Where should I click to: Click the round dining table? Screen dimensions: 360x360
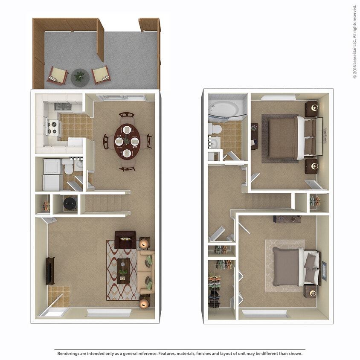click(127, 141)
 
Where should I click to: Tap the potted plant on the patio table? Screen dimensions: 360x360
click(80, 77)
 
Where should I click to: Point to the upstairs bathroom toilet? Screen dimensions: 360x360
click(215, 128)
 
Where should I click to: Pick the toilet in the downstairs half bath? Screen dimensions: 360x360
click(68, 167)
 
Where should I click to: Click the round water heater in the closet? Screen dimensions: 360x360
click(70, 204)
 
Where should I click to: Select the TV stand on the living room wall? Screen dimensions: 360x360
click(50, 271)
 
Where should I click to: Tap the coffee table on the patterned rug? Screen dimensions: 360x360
click(123, 271)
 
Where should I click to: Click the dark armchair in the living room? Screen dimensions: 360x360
click(125, 240)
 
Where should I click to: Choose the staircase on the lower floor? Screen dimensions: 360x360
click(106, 203)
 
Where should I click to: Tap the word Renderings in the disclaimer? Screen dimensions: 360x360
click(70, 354)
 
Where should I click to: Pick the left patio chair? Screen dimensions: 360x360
click(57, 75)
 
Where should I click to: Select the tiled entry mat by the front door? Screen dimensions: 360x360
click(58, 296)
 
